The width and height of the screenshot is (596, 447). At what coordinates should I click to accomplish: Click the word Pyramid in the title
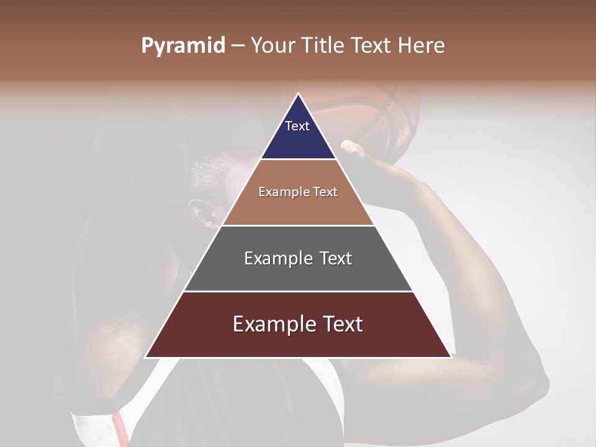[183, 46]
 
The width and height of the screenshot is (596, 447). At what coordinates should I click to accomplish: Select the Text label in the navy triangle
[297, 127]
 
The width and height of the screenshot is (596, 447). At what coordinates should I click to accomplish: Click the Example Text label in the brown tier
[298, 192]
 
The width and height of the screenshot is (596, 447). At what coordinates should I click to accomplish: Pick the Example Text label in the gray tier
[298, 258]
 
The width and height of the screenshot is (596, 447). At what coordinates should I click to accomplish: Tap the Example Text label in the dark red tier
[298, 324]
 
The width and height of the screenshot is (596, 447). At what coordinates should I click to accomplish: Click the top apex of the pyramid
[298, 94]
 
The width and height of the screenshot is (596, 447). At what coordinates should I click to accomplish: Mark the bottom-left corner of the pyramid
[146, 358]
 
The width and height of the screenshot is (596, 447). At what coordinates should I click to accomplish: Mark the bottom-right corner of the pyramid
[451, 358]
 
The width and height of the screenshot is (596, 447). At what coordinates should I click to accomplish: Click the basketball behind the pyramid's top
[372, 115]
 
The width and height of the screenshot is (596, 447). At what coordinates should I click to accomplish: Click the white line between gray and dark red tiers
[298, 291]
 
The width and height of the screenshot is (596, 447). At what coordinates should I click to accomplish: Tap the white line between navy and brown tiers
[298, 160]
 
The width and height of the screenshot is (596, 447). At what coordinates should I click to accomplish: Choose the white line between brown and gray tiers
[298, 225]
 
